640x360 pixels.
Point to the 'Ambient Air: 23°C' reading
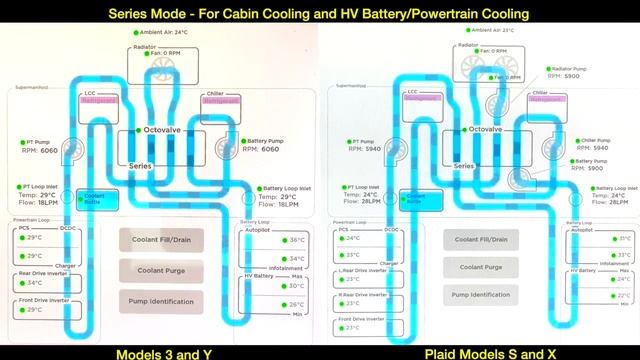click(x=486, y=31)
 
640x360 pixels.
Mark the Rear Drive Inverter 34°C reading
click(x=33, y=282)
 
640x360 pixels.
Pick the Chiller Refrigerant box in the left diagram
click(x=222, y=101)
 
